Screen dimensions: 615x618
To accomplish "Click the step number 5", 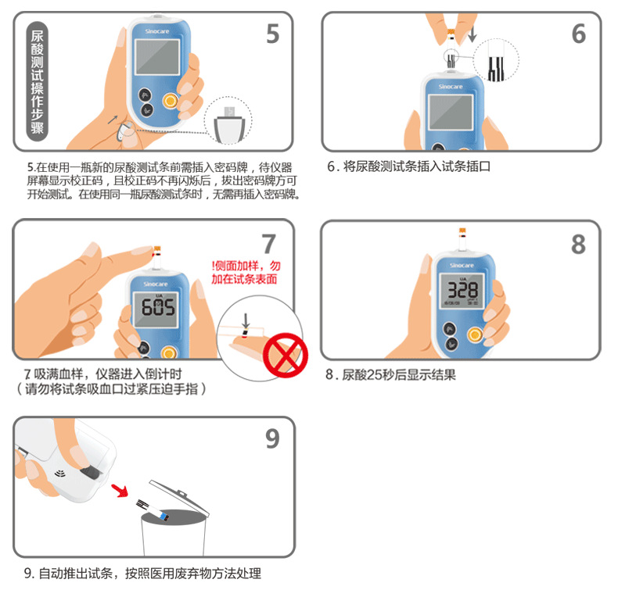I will click(272, 34).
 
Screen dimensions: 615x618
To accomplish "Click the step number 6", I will click(578, 34).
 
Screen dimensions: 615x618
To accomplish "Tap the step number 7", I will click(268, 244).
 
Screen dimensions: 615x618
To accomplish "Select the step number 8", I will click(577, 244).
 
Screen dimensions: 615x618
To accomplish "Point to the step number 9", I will click(271, 439).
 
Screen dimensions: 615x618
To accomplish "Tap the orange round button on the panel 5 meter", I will click(170, 102).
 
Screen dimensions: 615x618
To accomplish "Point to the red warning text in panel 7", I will click(246, 272).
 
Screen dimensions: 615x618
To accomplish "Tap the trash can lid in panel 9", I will click(179, 496).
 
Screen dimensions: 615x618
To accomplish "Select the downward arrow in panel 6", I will click(471, 35).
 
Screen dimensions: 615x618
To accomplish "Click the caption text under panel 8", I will click(390, 375).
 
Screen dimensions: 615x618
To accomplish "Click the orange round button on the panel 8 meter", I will click(474, 334).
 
